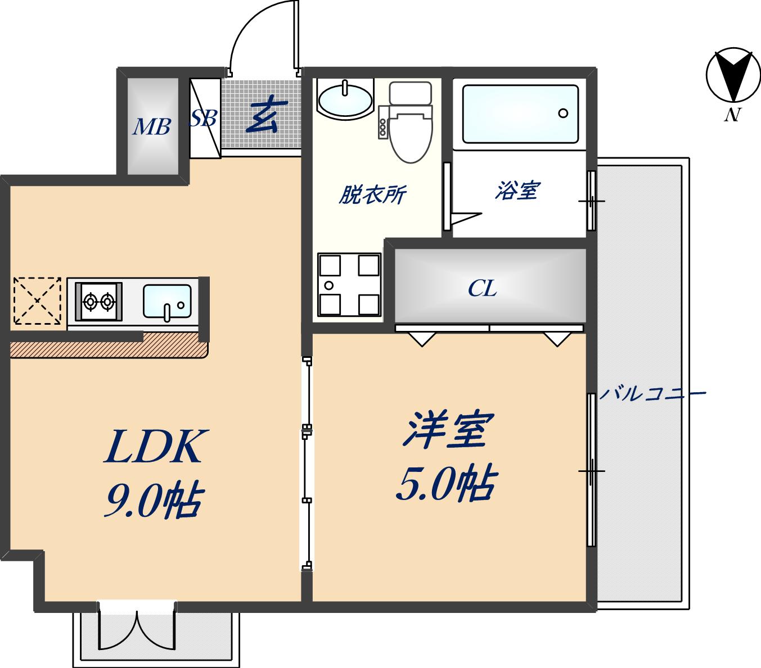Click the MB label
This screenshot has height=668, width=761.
[151, 128]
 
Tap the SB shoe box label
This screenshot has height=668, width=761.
[203, 118]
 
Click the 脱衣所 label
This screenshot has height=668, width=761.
[372, 194]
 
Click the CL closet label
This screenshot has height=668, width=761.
[483, 289]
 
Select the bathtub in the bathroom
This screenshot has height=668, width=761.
[520, 113]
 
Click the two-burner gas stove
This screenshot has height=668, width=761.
[99, 301]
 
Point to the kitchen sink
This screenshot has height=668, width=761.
[166, 302]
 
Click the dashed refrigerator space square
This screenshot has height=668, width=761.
[37, 300]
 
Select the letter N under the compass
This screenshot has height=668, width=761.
[731, 115]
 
